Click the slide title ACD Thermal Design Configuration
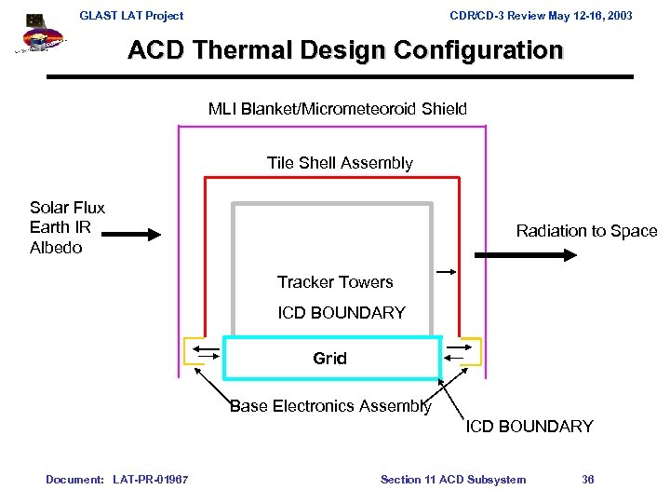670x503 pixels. pos(345,49)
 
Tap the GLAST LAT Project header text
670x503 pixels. pos(131,15)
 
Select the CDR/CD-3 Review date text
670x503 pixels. pos(541,15)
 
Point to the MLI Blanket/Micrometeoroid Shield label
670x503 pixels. pos(338,109)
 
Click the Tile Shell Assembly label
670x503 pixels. pos(340,163)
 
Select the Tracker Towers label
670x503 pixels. pos(335,282)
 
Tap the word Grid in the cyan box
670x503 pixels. pos(329,358)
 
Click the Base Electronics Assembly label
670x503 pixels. pos(330,406)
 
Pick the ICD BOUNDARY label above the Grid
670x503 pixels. pos(342,313)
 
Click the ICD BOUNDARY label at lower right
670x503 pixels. pos(529,427)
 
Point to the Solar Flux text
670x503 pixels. pos(67,208)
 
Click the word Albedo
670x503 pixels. pos(56,248)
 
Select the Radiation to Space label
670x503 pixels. pos(586,231)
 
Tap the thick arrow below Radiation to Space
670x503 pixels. pos(503,254)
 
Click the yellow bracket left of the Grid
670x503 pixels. pos(197,351)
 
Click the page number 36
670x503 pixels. pos(587,480)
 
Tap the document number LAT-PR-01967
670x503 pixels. pos(150,480)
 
